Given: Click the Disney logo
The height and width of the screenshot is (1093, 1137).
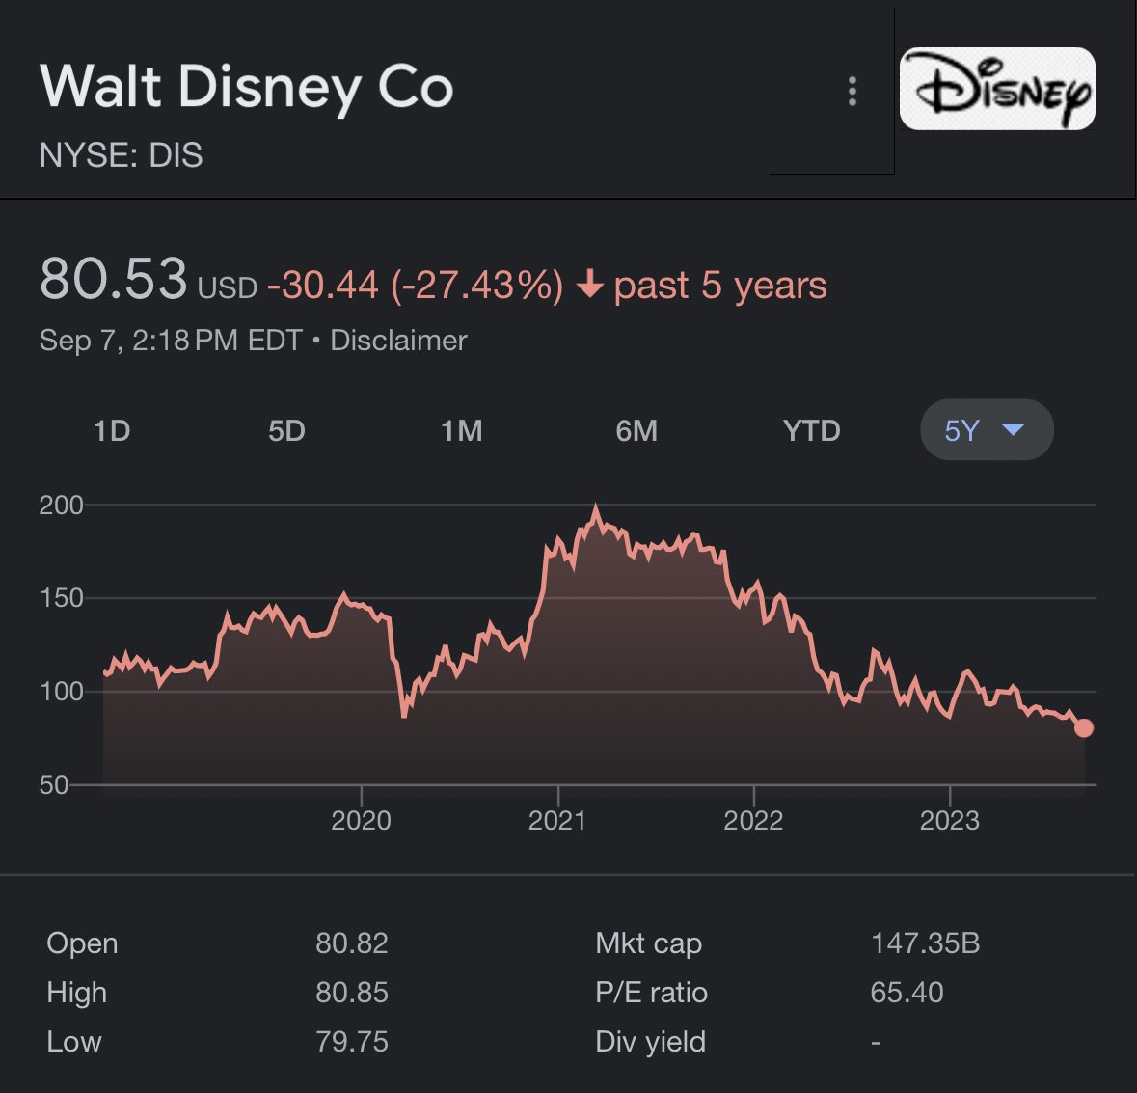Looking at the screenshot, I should click(997, 89).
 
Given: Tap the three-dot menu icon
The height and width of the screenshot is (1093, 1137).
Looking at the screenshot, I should click(852, 92).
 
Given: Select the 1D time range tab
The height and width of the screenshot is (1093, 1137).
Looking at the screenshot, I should click(112, 430).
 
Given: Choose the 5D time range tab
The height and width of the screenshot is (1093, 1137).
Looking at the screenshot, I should click(286, 430).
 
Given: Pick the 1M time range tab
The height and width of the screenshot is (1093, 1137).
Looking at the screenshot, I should click(462, 430).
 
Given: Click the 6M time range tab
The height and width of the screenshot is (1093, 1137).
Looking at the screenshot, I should click(636, 430).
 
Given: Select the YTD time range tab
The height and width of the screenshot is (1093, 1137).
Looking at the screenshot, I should click(811, 430).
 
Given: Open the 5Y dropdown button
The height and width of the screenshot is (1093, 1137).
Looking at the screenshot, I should click(986, 430).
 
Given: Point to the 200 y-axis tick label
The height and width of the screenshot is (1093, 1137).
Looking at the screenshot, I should click(61, 505).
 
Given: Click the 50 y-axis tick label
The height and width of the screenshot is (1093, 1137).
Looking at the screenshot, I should click(54, 784).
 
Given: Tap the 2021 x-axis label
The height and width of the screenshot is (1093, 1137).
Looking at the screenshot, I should click(557, 821).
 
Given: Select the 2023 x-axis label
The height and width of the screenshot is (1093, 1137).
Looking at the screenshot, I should click(950, 821).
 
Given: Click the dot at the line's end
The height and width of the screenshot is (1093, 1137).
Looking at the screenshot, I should click(1084, 728).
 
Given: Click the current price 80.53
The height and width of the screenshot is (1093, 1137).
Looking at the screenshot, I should click(113, 279).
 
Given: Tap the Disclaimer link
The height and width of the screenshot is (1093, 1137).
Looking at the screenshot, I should click(398, 341).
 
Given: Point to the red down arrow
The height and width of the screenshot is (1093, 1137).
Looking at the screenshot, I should click(589, 286).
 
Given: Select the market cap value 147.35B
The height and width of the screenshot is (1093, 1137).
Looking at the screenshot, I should click(925, 943).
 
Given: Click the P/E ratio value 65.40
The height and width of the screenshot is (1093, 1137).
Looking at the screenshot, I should click(907, 992).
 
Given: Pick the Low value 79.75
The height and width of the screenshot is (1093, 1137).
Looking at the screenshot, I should click(352, 1042).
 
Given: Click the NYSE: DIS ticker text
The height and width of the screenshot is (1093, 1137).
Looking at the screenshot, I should click(122, 155).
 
